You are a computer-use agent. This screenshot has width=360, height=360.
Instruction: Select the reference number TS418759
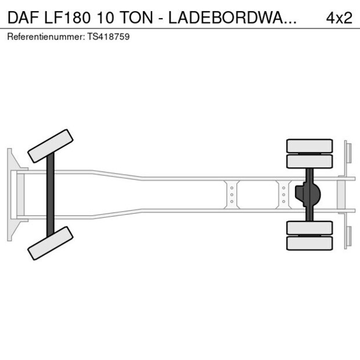[110, 37]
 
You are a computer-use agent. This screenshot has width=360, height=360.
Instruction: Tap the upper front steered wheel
[51, 146]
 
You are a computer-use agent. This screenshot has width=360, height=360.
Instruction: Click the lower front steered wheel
[51, 243]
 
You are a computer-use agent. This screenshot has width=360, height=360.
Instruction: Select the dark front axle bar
[51, 195]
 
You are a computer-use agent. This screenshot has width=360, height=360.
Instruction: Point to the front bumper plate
[10, 195]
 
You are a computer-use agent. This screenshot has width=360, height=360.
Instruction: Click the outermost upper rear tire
[309, 145]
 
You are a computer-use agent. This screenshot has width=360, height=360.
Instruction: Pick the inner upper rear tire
[309, 161]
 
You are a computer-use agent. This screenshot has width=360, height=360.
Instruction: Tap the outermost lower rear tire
[309, 243]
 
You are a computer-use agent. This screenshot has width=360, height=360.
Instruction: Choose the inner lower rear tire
[309, 228]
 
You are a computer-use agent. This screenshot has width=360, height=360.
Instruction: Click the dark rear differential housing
[308, 195]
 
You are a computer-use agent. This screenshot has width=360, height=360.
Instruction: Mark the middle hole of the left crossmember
[232, 195]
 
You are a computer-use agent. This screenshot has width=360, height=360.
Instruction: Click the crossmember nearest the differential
[283, 195]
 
